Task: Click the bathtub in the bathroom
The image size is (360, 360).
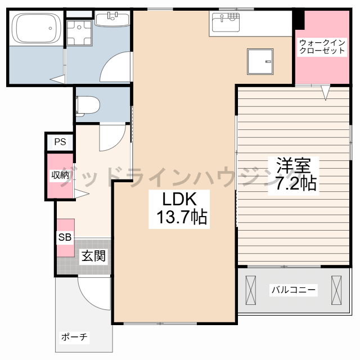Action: pos(36,28)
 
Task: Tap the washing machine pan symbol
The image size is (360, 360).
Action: pos(79,33)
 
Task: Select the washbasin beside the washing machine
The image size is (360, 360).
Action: pos(112,19)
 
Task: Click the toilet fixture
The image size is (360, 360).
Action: pos(88,106)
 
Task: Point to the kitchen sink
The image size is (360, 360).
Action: pos(226,22)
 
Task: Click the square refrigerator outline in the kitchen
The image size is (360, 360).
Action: pos(260,61)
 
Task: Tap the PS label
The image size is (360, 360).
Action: pos(60,142)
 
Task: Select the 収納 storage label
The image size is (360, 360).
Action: pos(60,175)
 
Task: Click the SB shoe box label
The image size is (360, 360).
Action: pos(65,237)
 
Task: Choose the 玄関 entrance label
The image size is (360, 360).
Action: pos(94,256)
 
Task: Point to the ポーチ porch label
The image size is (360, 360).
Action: pos(74,337)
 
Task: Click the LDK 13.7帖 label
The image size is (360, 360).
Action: pos(179,209)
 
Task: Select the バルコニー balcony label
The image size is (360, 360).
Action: pos(294,290)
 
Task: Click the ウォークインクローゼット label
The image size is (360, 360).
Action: pos(322,47)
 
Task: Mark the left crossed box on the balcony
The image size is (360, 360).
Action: pos(250,290)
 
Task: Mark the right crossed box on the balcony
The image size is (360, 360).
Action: pos(336,290)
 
